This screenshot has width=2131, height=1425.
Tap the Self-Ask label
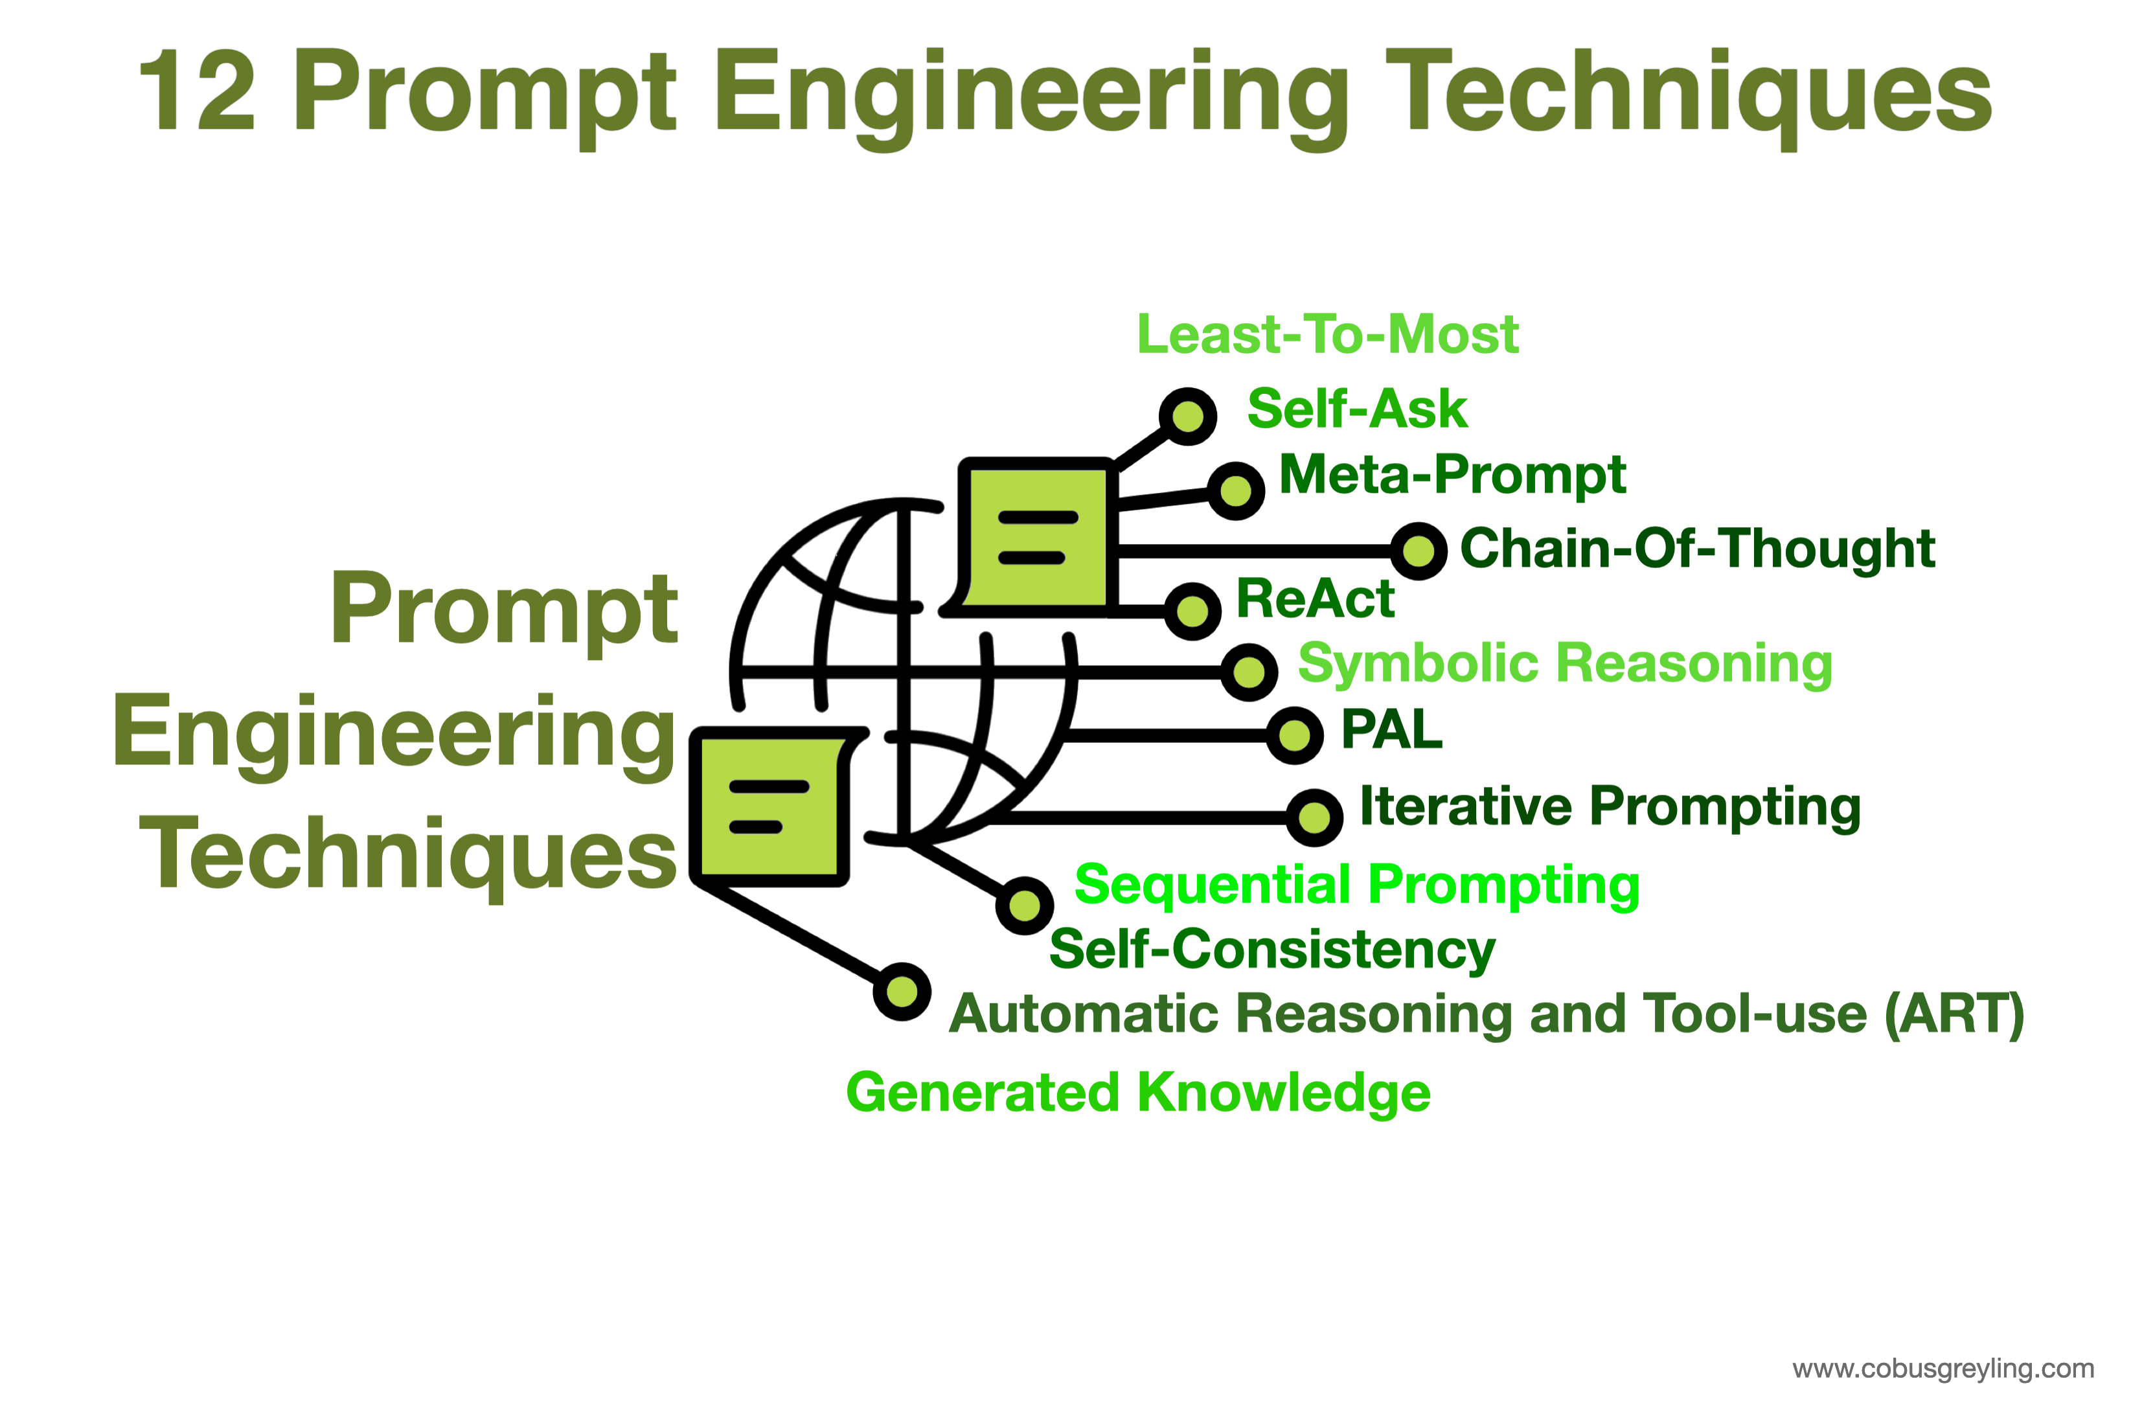click(x=1357, y=409)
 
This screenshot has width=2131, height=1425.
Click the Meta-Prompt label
click(x=1452, y=475)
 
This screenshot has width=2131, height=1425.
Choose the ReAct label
click(x=1315, y=599)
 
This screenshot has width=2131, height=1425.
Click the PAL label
click(x=1391, y=730)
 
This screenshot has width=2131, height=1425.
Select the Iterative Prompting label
click(x=1610, y=807)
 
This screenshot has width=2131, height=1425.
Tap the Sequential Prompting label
click(x=1357, y=885)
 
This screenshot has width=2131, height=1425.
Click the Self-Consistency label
click(x=1272, y=951)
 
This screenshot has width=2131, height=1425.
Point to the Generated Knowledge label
click(x=1138, y=1093)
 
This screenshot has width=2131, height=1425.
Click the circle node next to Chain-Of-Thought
click(x=1419, y=551)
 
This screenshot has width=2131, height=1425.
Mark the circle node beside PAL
click(x=1294, y=735)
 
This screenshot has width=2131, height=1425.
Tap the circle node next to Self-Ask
click(x=1188, y=417)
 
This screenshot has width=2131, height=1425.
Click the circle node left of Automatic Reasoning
click(x=902, y=992)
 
